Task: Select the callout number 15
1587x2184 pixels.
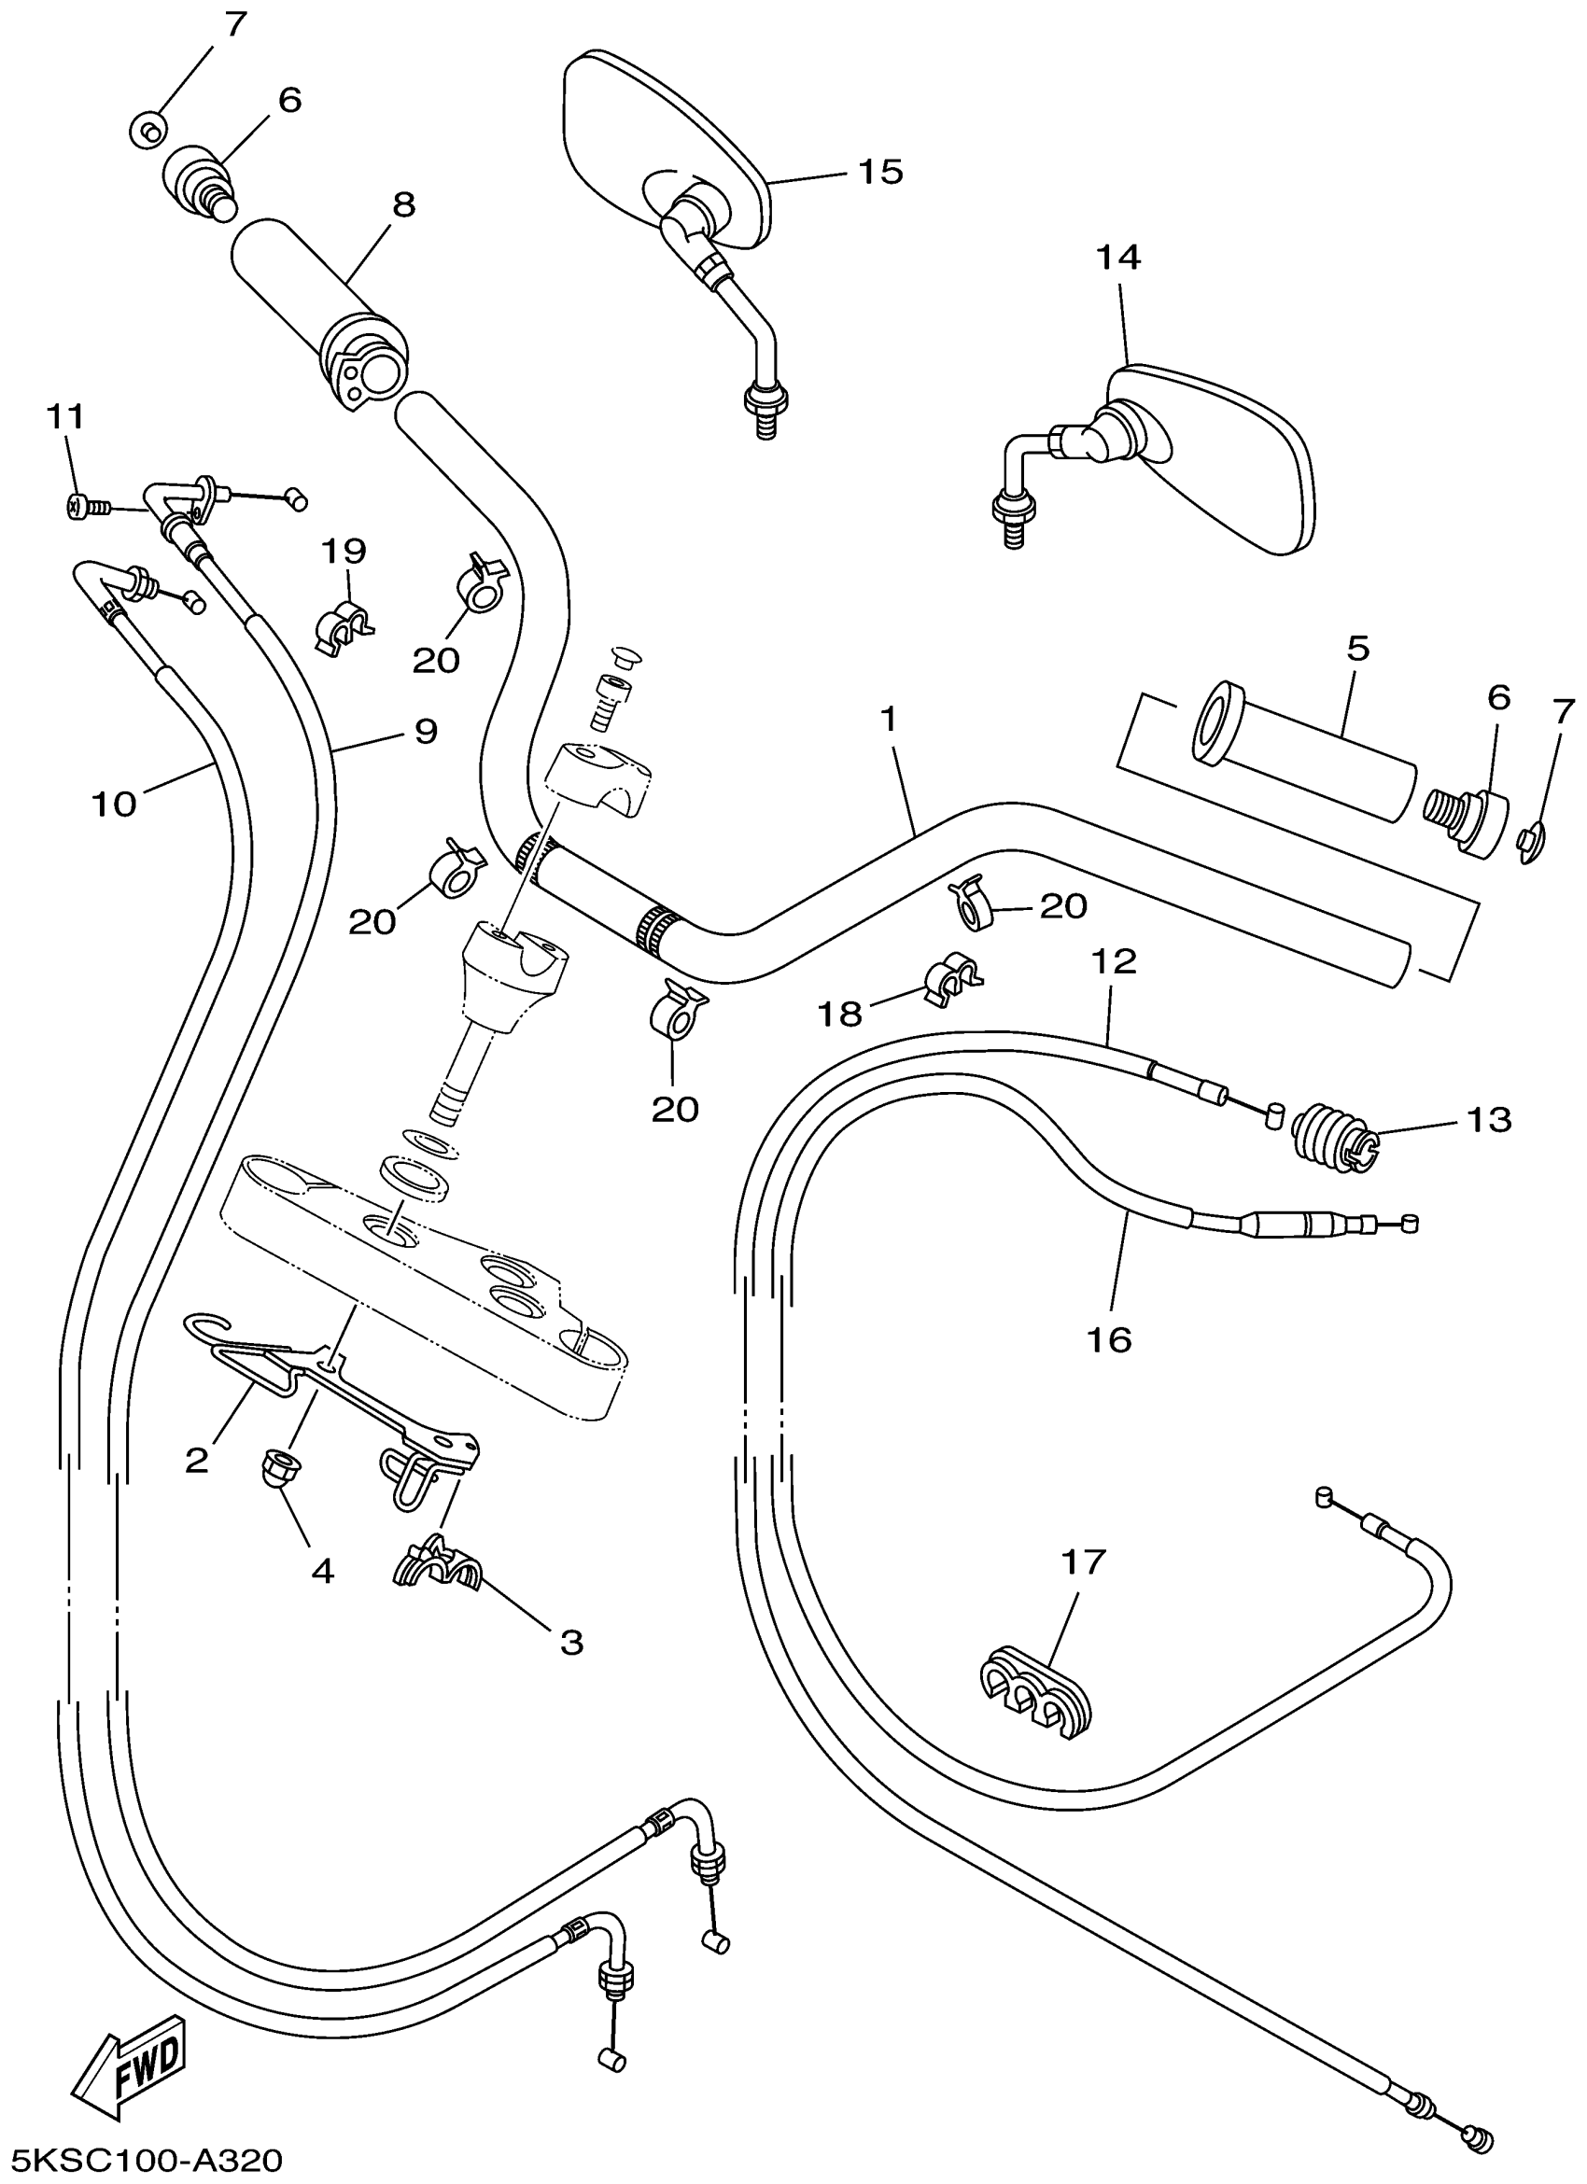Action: (880, 173)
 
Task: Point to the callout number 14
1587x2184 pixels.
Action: (1118, 259)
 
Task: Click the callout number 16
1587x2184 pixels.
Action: (1109, 1338)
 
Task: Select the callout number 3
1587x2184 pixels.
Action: (572, 1642)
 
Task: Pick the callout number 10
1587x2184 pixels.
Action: (114, 803)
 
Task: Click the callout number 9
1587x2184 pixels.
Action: (426, 732)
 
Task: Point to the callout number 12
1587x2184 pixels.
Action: (1115, 960)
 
